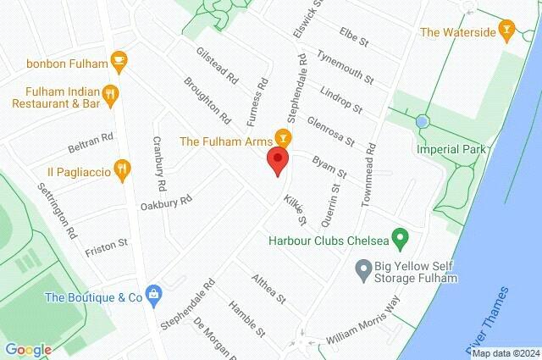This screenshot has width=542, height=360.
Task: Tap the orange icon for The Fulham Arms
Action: pyautogui.click(x=283, y=136)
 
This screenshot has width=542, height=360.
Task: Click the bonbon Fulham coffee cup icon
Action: pyautogui.click(x=119, y=60)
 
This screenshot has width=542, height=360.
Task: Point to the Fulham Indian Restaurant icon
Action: pyautogui.click(x=109, y=93)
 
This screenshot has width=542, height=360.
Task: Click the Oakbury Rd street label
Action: pyautogui.click(x=167, y=202)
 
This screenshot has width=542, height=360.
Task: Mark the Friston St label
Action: pyautogui.click(x=106, y=246)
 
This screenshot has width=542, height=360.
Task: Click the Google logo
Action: pyautogui.click(x=28, y=350)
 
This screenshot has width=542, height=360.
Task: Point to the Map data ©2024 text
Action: pyautogui.click(x=505, y=353)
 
